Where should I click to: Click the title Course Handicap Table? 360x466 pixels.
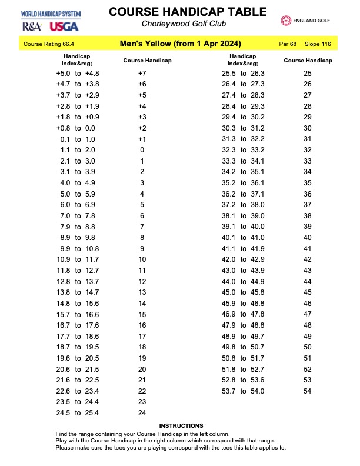click(179, 12)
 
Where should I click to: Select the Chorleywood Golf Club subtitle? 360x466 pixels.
click(179, 24)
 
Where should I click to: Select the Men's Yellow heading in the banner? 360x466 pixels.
click(179, 44)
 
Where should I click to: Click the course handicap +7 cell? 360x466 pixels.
click(142, 74)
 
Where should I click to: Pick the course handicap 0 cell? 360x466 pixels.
click(142, 150)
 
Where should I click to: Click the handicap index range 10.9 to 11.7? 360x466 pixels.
click(76, 259)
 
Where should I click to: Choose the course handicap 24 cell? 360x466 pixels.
click(142, 413)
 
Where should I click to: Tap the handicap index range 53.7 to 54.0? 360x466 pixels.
click(243, 391)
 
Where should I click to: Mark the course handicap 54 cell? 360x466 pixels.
click(307, 391)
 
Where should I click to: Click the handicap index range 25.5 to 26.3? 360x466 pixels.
click(243, 74)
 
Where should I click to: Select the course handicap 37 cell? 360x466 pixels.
click(307, 205)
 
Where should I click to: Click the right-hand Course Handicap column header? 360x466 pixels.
click(308, 61)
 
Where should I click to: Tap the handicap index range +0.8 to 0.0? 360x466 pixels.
click(76, 128)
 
